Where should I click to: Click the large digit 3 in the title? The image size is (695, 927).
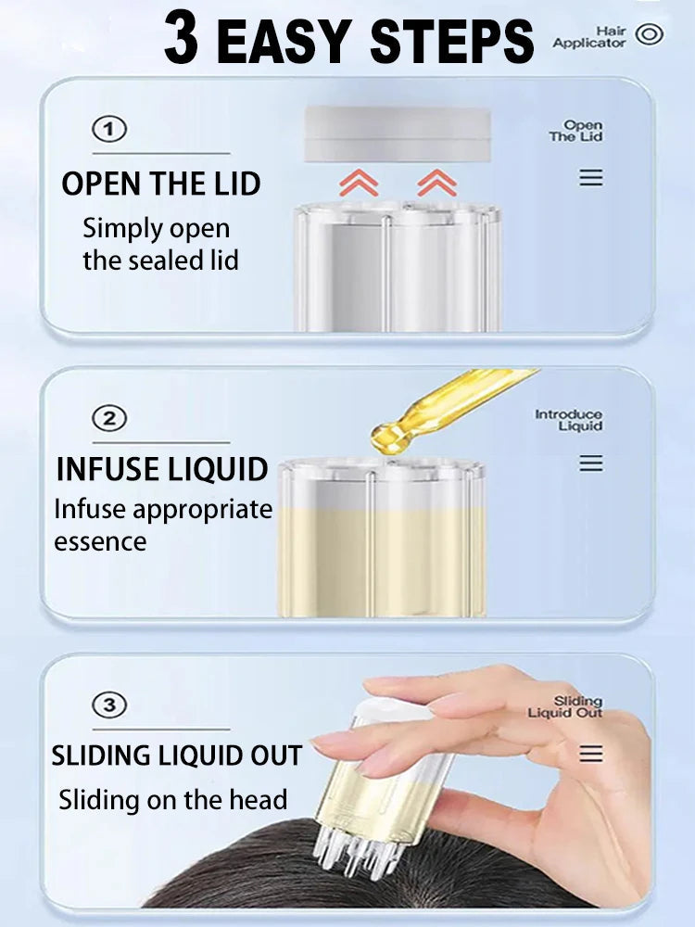tap(182, 39)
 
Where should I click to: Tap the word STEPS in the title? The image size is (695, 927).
tap(451, 41)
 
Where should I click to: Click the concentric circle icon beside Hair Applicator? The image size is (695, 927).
tap(649, 34)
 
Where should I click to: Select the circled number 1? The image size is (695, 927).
tap(109, 130)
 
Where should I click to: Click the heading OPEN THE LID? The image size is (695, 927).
tap(160, 184)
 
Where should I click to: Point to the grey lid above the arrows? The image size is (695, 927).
tap(398, 134)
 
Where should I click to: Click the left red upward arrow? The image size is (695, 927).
tap(359, 182)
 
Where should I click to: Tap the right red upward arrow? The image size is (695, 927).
tap(436, 182)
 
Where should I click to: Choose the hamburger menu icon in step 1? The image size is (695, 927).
tap(591, 177)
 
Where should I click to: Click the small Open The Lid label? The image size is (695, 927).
tap(575, 131)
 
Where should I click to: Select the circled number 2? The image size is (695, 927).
tap(109, 419)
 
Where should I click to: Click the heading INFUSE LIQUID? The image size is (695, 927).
tap(162, 469)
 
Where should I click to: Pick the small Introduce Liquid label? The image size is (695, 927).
tap(569, 420)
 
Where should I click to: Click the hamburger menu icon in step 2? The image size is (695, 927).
tap(591, 463)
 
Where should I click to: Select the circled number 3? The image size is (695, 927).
tap(109, 705)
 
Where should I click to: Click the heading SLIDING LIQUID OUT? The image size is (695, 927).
tap(177, 756)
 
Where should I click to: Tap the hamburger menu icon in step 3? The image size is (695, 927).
tap(591, 753)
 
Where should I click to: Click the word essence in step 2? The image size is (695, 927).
tap(100, 542)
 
